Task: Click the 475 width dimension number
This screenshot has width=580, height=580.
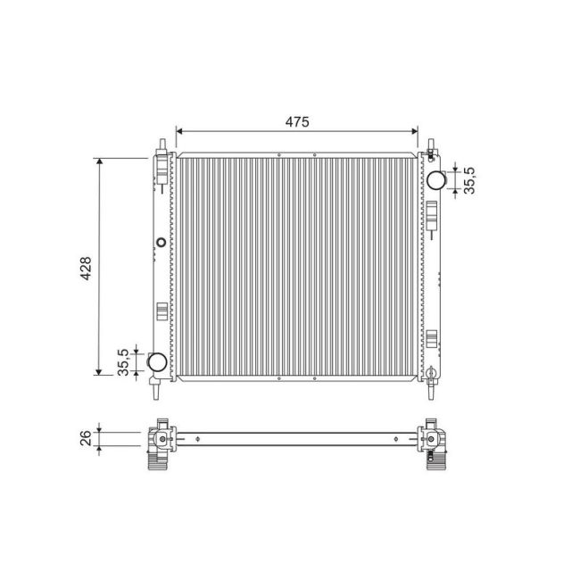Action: click(x=297, y=122)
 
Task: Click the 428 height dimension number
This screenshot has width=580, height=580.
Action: click(x=86, y=267)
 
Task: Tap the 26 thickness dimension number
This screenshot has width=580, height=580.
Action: click(x=86, y=439)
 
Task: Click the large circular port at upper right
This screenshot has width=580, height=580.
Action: click(x=436, y=179)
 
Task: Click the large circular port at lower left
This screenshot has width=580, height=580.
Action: click(x=155, y=362)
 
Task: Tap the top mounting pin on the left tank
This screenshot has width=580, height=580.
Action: click(x=162, y=145)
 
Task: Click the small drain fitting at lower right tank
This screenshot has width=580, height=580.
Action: click(x=430, y=371)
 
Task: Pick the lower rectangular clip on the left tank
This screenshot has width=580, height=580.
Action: click(x=162, y=311)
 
